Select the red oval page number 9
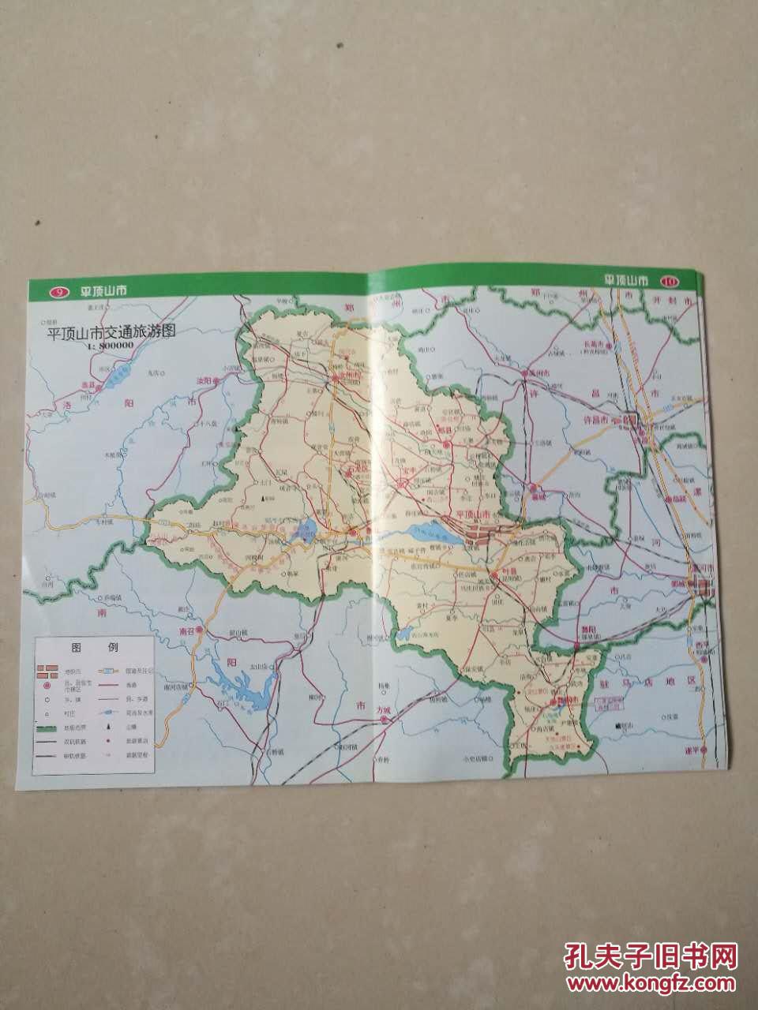(58, 292)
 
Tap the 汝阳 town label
(203, 380)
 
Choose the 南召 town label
(186, 630)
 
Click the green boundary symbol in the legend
(48, 727)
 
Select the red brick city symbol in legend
(48, 671)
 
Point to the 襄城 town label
(538, 496)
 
